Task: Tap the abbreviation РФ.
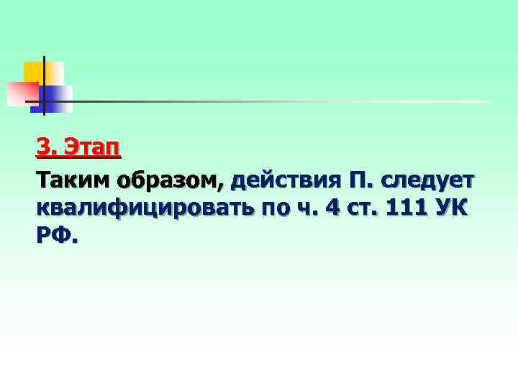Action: pyautogui.click(x=55, y=236)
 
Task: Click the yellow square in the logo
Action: pyautogui.click(x=35, y=72)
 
